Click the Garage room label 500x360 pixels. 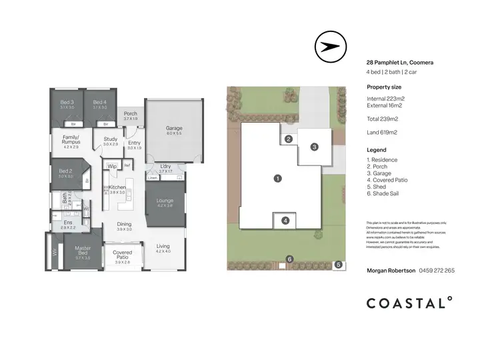tap(174, 128)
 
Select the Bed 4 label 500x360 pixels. tap(100, 102)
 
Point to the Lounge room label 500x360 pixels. tap(165, 200)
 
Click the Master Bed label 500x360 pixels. tap(83, 251)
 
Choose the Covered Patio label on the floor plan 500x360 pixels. tap(123, 253)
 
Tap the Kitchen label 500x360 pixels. tap(117, 188)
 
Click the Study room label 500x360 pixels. tap(110, 139)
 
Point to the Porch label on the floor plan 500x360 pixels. tap(131, 113)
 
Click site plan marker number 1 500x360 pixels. tap(278, 179)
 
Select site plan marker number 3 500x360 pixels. tap(314, 147)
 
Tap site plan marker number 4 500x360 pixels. tap(285, 221)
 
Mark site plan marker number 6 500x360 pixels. tap(289, 259)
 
